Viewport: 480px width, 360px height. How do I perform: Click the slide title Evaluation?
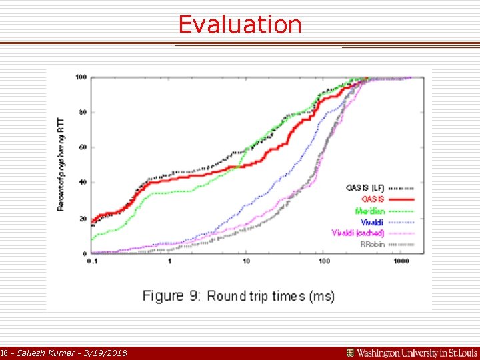240,25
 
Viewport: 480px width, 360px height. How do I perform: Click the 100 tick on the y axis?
81,77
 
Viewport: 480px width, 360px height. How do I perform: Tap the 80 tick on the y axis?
82,112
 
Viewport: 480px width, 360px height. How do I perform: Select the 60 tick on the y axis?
82,147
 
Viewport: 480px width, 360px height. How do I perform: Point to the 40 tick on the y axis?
82,183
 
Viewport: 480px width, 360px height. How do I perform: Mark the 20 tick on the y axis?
82,219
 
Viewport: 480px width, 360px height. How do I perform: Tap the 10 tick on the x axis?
247,261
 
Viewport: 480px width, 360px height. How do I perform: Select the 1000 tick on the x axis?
400,261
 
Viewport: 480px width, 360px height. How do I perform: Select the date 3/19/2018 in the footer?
104,353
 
